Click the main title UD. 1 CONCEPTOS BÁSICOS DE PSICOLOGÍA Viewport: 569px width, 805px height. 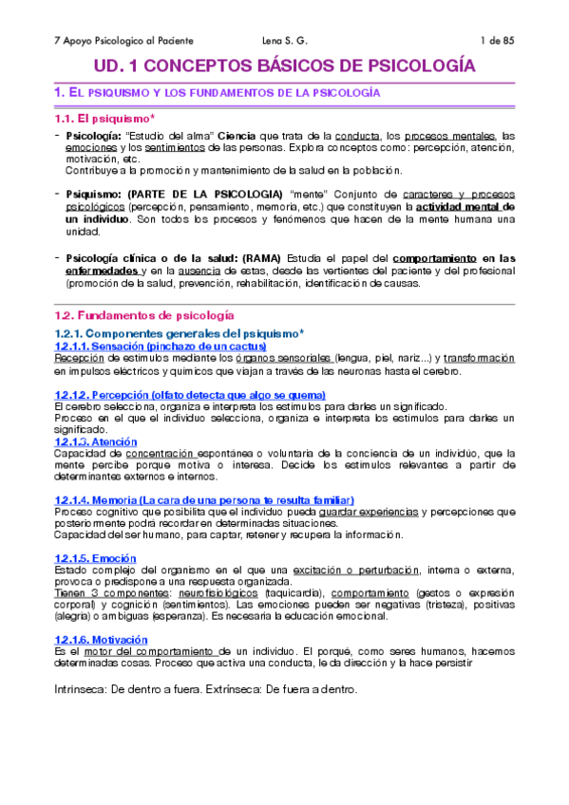[284, 66]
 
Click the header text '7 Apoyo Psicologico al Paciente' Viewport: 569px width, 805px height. [123, 40]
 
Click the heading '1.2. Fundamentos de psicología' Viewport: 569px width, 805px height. [143, 315]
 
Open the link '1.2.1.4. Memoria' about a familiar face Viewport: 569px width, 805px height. [205, 499]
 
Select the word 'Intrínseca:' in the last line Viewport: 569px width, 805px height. [85, 663]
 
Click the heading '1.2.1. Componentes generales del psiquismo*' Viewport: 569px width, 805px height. [180, 333]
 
